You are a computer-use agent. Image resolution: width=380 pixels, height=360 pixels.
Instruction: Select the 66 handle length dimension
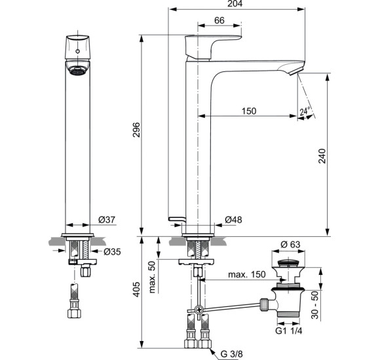220,22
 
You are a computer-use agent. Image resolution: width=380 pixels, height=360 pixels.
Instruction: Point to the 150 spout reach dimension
248,111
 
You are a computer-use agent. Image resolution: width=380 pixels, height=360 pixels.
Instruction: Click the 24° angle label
305,112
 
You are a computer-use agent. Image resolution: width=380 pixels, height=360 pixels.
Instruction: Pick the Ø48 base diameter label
233,219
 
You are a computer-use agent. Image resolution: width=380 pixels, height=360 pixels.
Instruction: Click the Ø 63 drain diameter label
290,245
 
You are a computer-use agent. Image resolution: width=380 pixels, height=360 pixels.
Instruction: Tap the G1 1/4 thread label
288,330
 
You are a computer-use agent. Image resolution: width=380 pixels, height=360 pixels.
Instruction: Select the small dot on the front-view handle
77,50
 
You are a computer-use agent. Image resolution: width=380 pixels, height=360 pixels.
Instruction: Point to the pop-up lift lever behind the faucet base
174,218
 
